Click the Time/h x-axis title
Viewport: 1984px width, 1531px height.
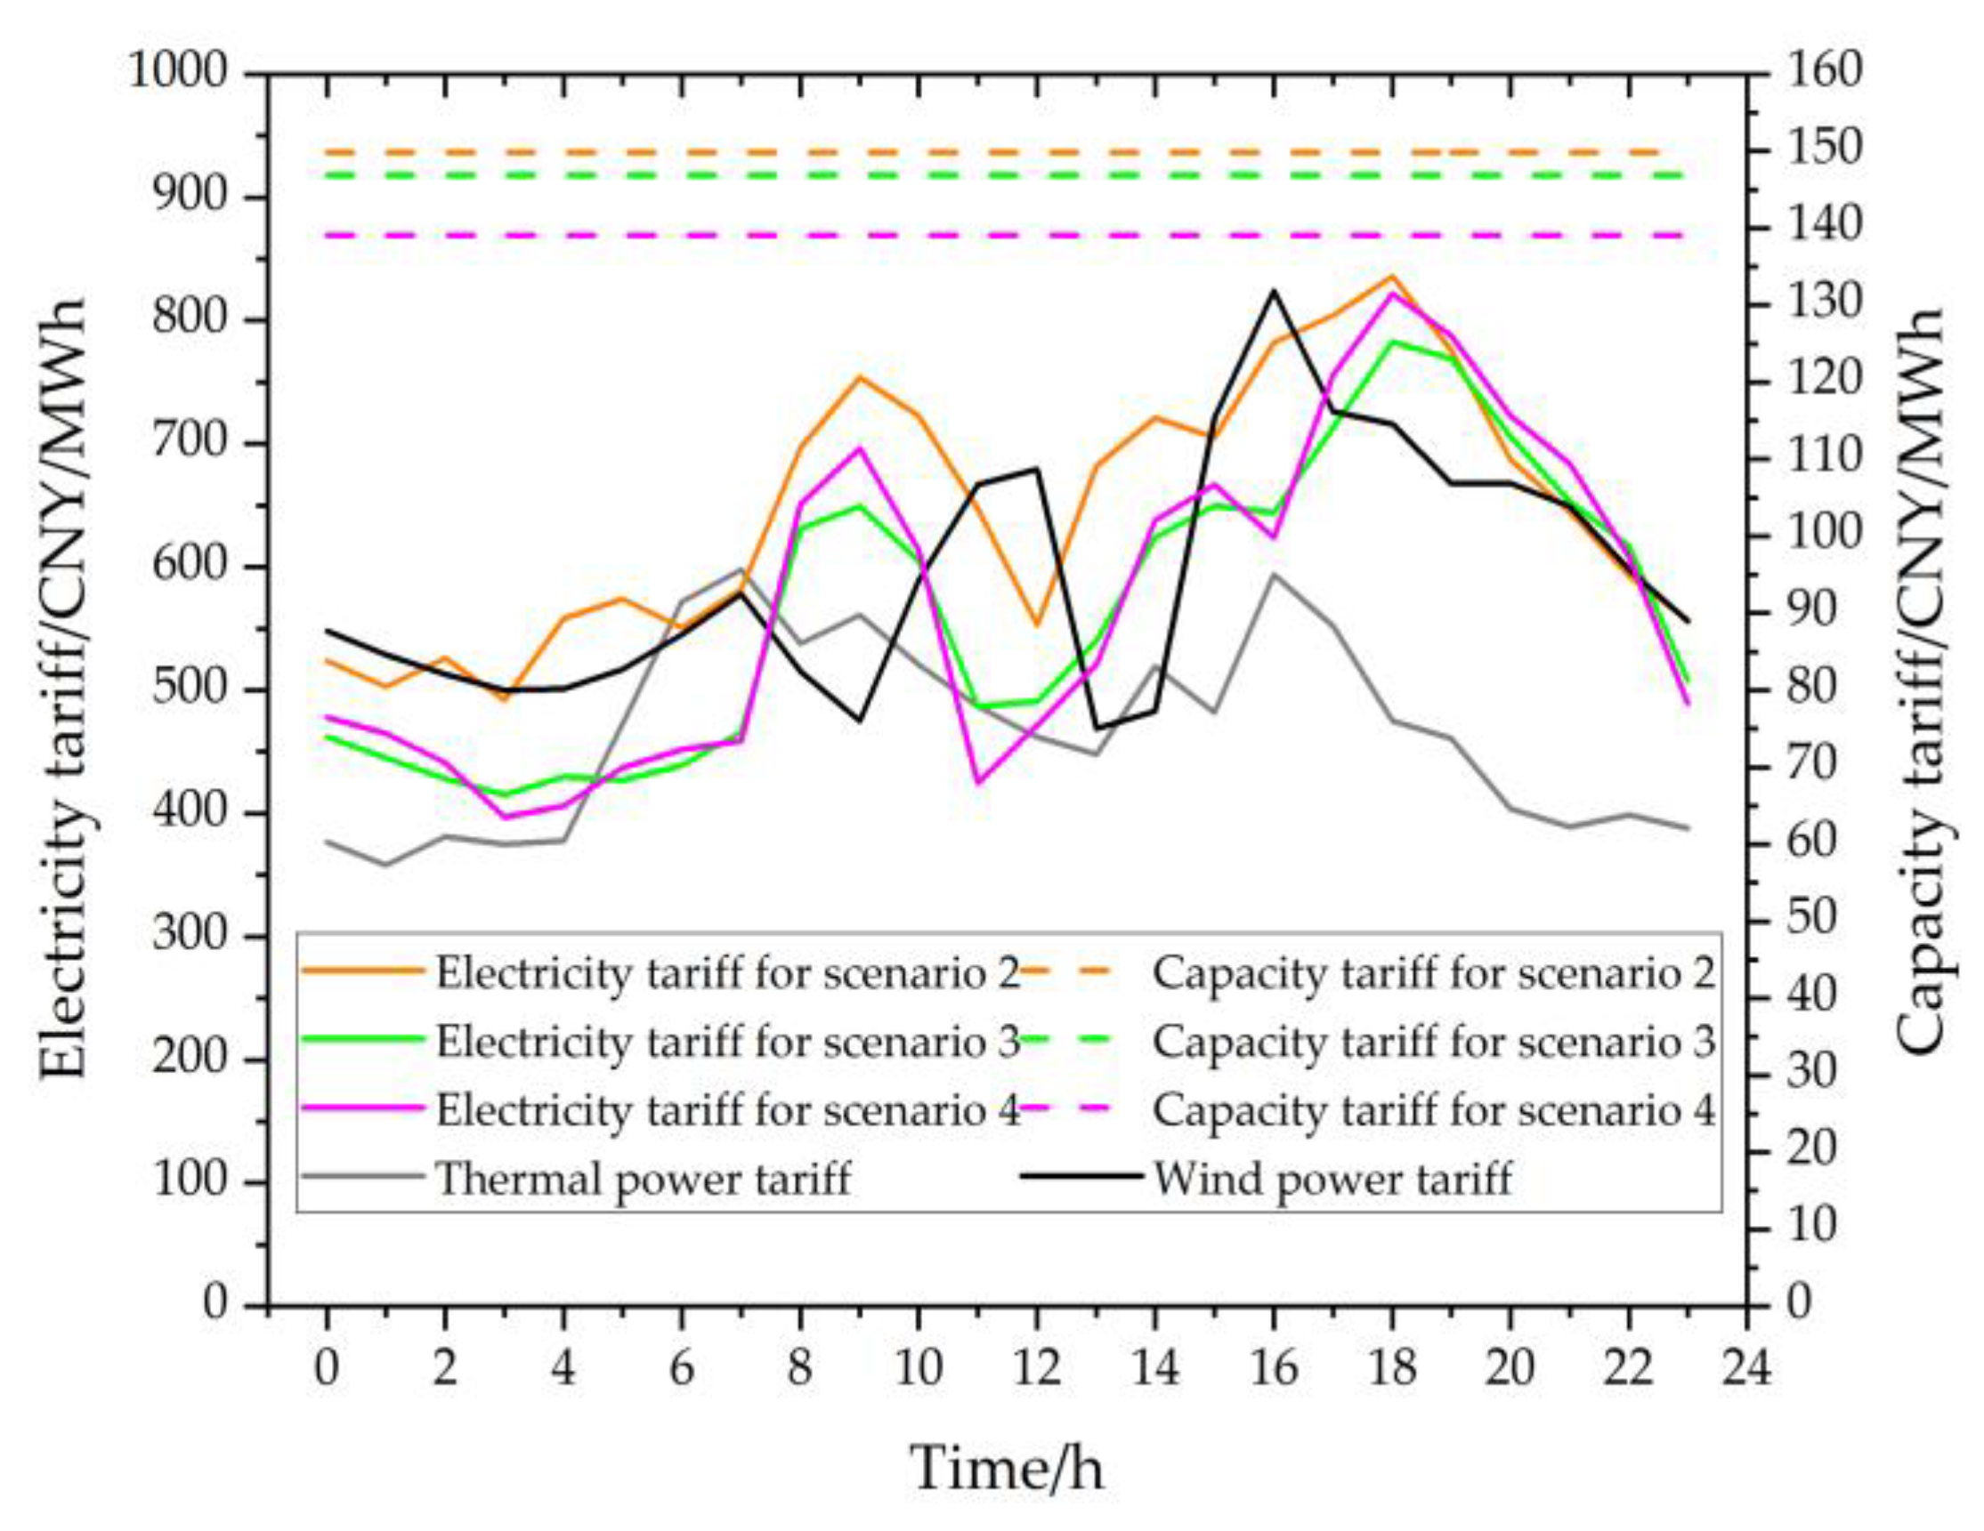(1007, 1468)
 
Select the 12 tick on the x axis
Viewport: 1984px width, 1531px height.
(1037, 1367)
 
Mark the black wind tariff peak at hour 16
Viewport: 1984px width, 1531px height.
(1274, 292)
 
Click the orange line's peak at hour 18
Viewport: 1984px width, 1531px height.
(1392, 276)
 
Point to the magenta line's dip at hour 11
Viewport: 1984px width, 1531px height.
(978, 782)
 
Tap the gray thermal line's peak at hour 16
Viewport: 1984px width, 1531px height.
(1274, 575)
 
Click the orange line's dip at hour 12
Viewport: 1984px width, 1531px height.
(1038, 624)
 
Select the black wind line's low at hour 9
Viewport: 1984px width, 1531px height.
(859, 720)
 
